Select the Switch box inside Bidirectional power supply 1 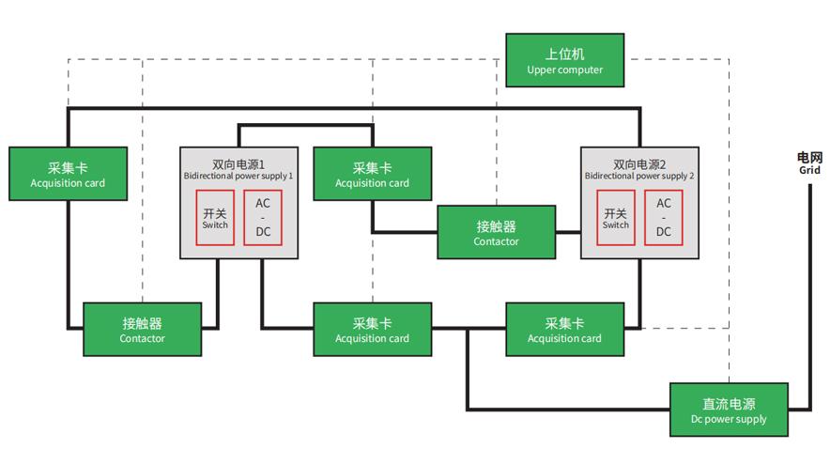[x=215, y=218]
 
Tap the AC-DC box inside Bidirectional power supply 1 [x=263, y=218]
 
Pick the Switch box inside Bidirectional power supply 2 [x=616, y=218]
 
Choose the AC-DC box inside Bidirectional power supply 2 [x=664, y=218]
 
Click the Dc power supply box [x=729, y=410]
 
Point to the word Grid [x=809, y=171]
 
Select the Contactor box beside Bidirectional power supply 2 [x=496, y=233]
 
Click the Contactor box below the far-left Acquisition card [x=143, y=330]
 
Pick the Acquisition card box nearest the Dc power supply [x=564, y=330]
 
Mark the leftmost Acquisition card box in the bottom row [x=372, y=330]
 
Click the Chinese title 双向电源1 [x=238, y=163]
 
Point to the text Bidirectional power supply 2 [x=639, y=176]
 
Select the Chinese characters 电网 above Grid [x=809, y=158]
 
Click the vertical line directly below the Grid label [x=809, y=282]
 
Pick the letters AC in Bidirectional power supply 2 [x=664, y=204]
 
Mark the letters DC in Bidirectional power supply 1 [x=263, y=232]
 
